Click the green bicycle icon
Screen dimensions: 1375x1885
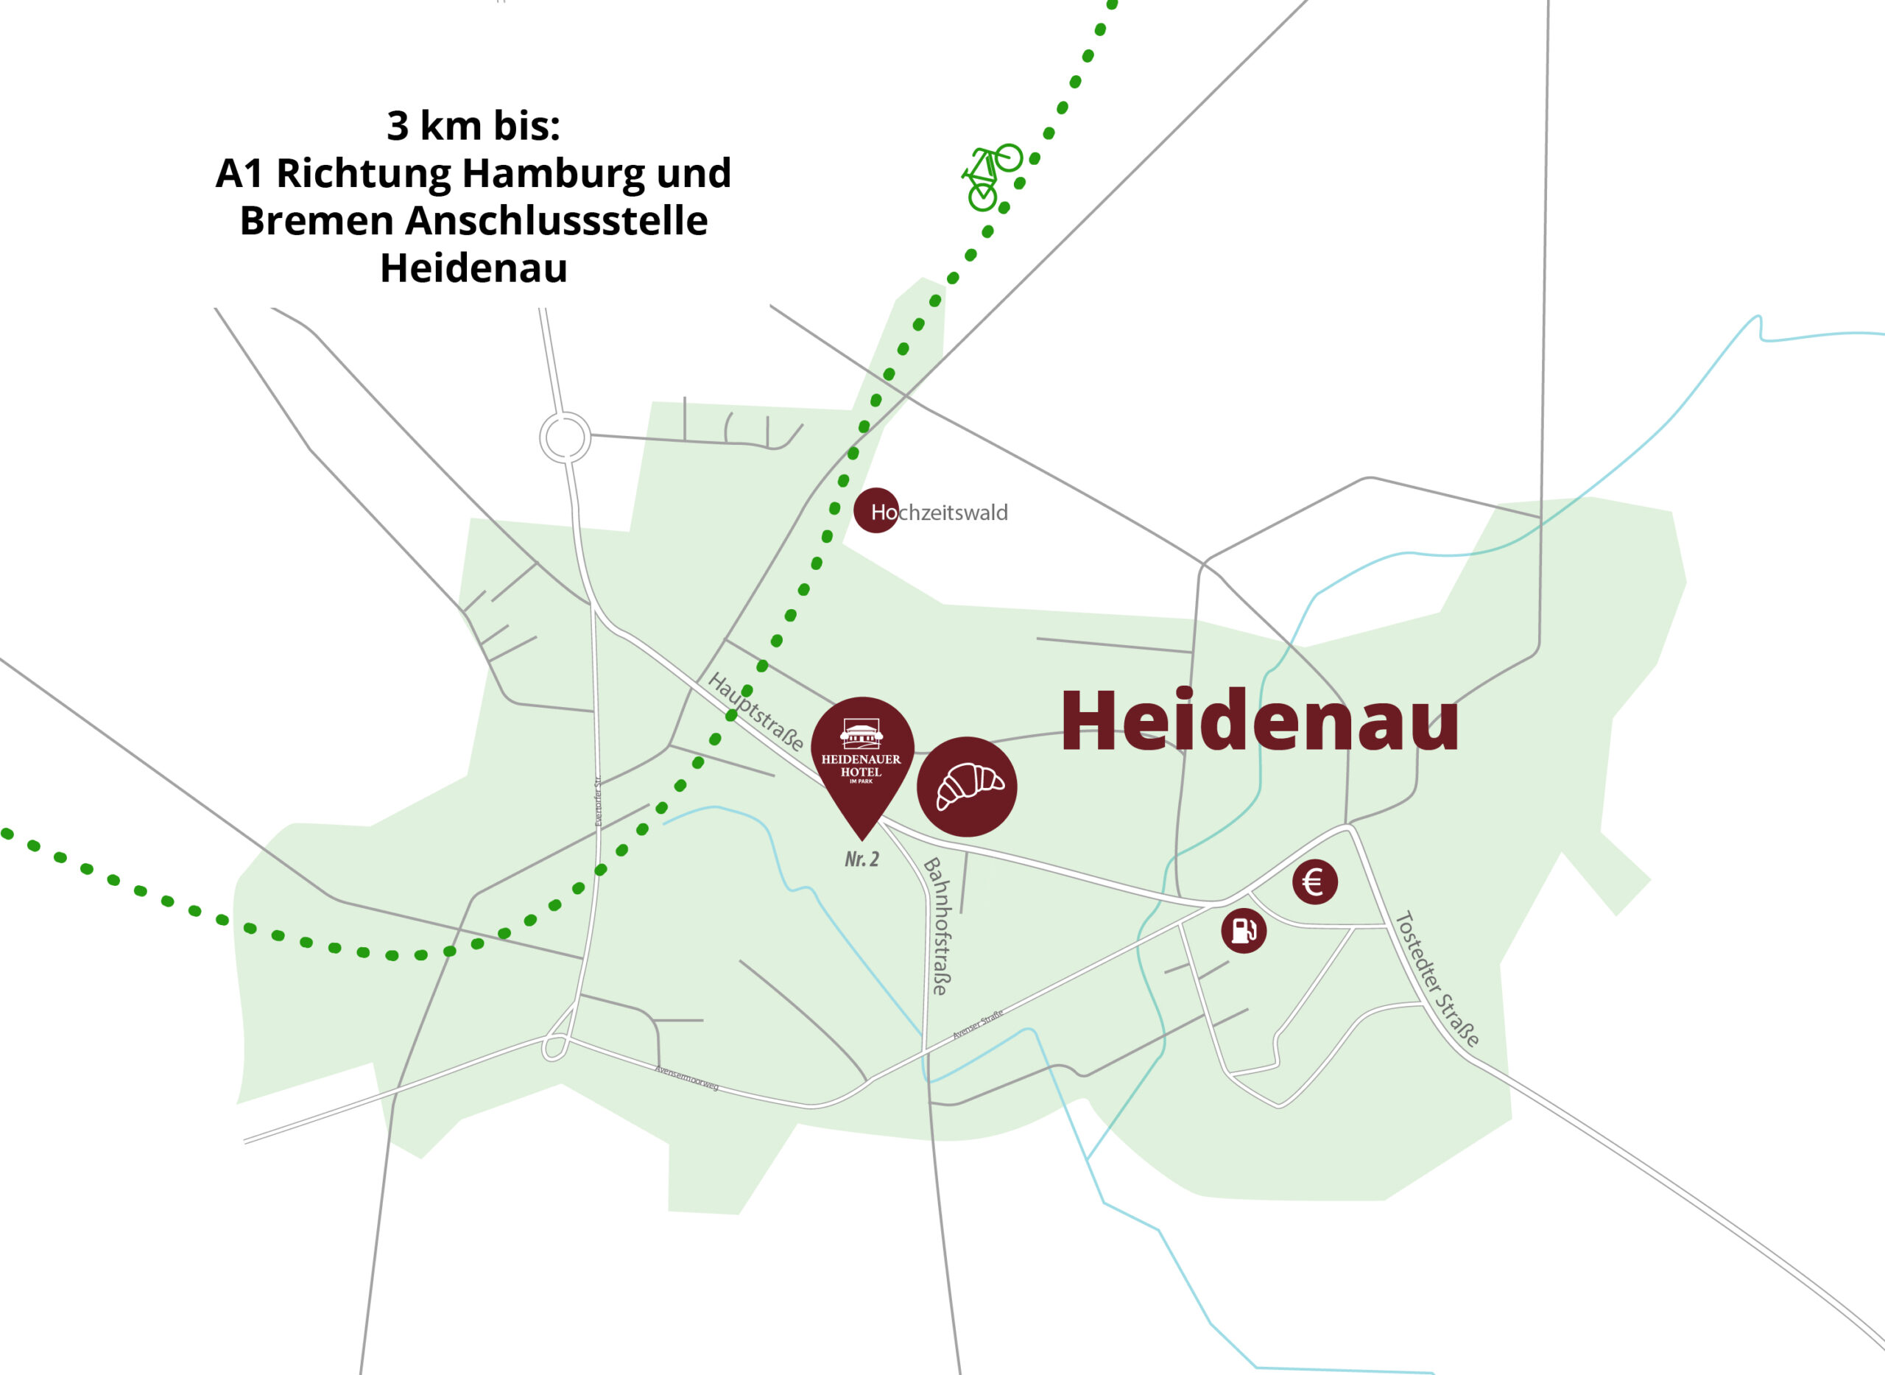point(990,177)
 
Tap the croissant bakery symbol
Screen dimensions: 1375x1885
point(967,787)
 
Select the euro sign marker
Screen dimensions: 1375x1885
point(1315,882)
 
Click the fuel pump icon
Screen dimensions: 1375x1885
point(1244,931)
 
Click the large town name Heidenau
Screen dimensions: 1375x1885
point(1259,722)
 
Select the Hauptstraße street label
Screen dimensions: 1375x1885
point(755,711)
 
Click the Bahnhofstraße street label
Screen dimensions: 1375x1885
point(937,926)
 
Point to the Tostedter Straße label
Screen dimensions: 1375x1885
point(1438,979)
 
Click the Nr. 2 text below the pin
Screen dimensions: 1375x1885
point(862,859)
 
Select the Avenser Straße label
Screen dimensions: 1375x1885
point(978,1024)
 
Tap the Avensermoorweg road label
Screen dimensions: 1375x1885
point(686,1078)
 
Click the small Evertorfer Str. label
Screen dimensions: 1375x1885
point(598,801)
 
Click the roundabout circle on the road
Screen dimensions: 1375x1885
point(565,437)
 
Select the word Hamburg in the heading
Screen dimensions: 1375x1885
point(552,173)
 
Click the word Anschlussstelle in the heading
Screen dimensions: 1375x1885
point(557,220)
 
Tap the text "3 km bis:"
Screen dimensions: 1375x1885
point(473,126)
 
